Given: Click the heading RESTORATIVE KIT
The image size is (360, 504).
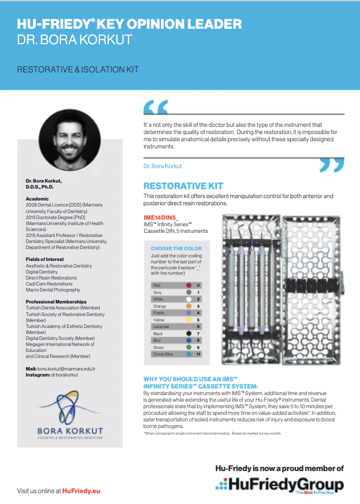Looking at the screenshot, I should [x=183, y=186].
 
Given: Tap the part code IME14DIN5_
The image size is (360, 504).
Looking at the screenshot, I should [x=161, y=217].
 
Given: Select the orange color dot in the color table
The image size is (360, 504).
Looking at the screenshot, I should [x=188, y=306].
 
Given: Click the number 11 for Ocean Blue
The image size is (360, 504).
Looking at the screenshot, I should [x=198, y=354].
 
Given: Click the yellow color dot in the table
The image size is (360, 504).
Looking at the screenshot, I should [x=188, y=320].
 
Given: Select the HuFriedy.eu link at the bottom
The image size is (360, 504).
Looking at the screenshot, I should [x=81, y=490].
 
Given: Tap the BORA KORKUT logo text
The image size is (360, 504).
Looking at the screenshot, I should [x=71, y=430].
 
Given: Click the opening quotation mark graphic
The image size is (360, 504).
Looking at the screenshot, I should [x=156, y=107].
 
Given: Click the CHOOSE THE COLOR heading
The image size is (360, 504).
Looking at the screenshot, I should [x=176, y=248].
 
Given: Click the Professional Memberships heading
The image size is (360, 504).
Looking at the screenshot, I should [x=56, y=302].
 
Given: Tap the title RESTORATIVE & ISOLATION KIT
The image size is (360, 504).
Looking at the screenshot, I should [x=78, y=69].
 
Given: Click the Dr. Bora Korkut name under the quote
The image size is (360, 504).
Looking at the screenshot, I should [x=163, y=166].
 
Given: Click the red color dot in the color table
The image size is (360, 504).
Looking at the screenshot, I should [x=188, y=286].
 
